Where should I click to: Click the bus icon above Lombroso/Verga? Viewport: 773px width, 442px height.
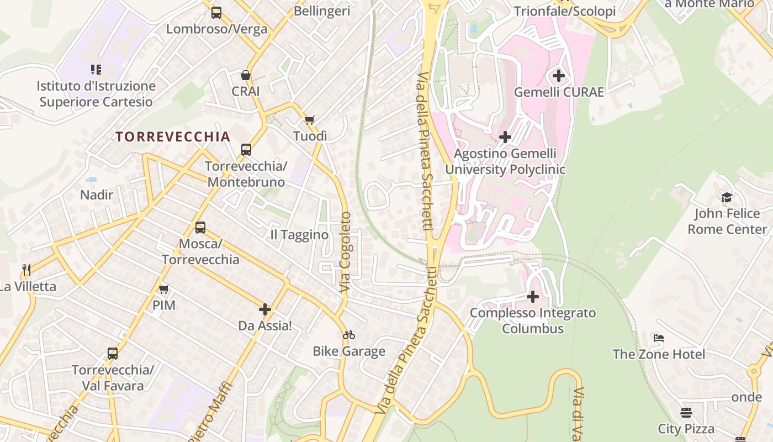216,12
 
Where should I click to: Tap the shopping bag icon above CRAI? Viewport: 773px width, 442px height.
246,75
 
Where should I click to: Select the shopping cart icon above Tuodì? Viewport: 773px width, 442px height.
310,120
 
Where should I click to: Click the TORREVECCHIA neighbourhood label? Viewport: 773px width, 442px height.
172,137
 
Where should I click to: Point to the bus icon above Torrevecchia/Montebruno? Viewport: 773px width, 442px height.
246,150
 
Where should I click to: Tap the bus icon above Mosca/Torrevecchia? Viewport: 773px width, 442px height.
200,228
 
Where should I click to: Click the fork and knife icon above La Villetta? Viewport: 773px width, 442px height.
26,270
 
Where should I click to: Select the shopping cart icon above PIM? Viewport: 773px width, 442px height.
164,289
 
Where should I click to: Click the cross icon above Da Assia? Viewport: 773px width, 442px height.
265,309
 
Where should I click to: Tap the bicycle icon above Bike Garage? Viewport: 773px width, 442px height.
349,335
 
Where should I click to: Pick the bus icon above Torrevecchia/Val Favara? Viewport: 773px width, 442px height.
113,354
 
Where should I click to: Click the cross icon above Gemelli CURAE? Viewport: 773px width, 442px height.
559,76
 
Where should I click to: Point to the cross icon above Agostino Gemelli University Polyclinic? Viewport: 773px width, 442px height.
505,137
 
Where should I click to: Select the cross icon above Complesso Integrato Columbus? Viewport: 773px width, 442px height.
533,297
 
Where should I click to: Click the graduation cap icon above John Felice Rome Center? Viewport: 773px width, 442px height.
727,198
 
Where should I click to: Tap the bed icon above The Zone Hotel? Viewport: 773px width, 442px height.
659,338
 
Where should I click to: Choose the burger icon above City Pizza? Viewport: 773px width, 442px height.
686,413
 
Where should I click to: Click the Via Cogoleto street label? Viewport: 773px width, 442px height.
345,252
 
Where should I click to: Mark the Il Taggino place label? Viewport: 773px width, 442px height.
299,235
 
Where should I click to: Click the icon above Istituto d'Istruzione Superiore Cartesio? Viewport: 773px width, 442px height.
96,70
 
